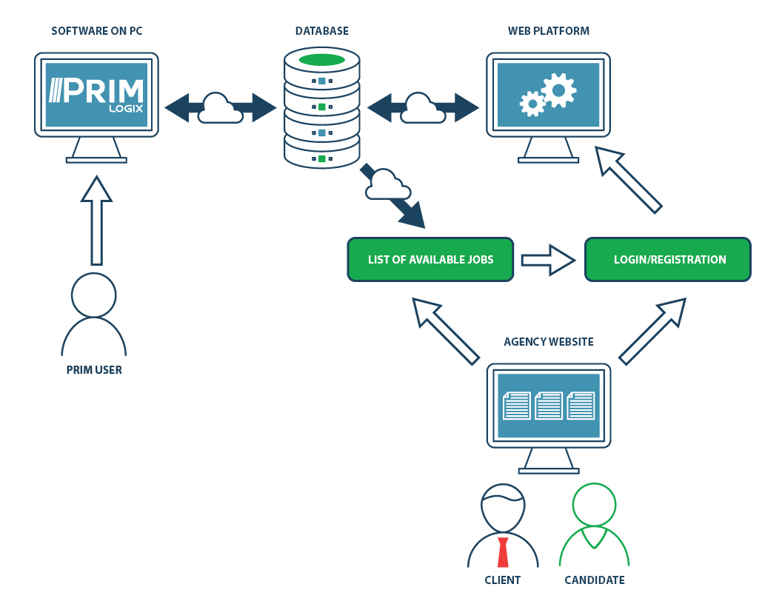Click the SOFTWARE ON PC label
96,31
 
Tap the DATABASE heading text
321,31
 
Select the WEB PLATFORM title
548,31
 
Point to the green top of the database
321,60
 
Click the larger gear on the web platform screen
558,90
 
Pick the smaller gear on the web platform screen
532,104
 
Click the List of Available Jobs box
430,260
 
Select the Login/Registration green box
668,260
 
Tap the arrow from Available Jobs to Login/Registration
548,260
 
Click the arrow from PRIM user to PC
96,220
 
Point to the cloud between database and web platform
418,108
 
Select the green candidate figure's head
594,505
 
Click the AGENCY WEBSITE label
548,342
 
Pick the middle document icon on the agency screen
548,405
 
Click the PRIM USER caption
94,370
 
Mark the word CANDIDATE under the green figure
594,580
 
